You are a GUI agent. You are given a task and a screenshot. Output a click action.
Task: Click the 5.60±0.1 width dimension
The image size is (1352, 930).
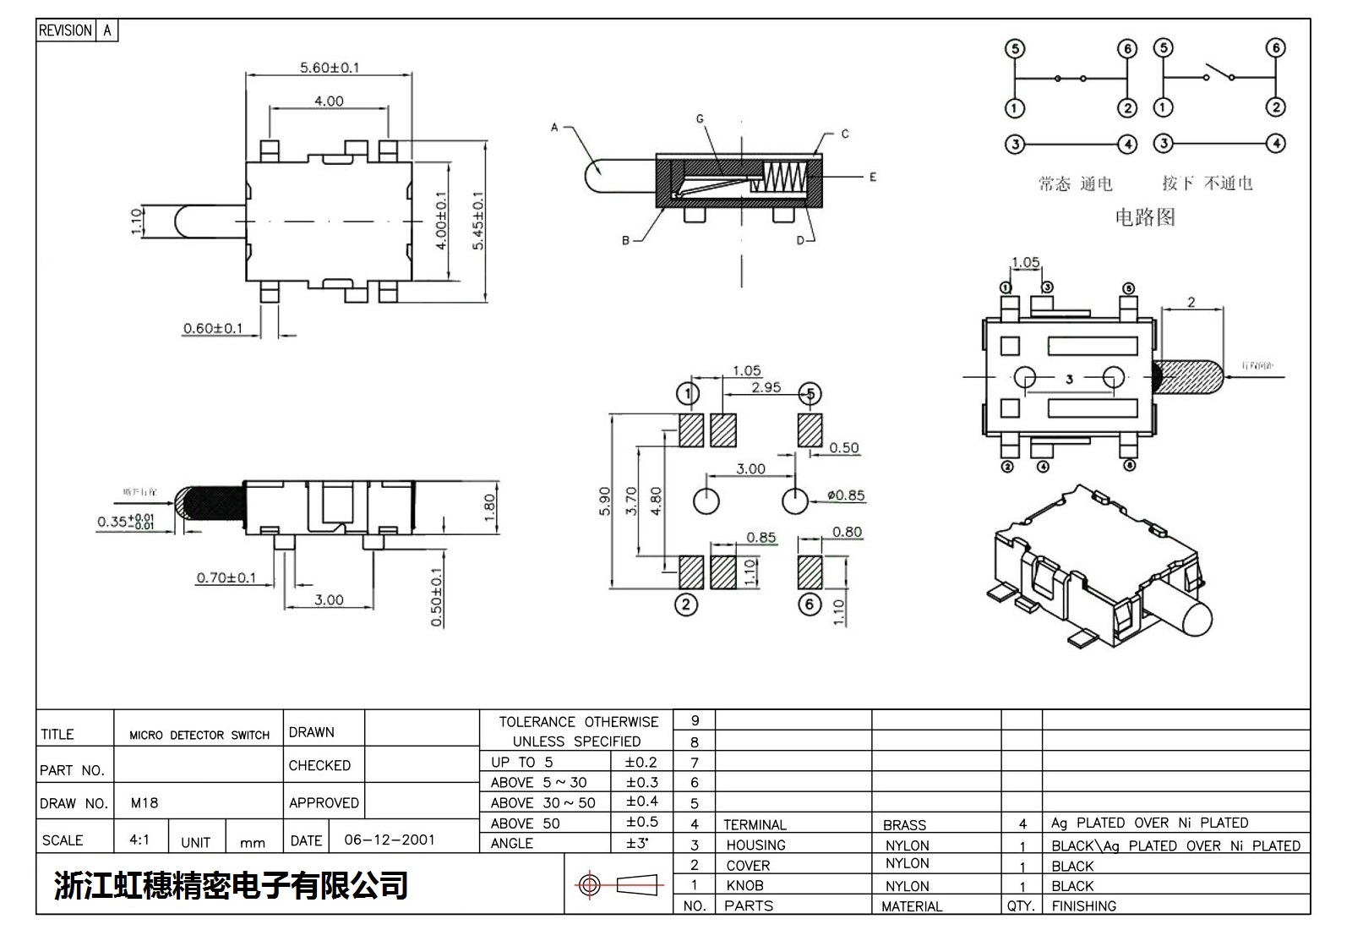click(329, 67)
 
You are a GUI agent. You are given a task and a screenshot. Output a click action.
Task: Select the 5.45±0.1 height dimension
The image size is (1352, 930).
click(478, 220)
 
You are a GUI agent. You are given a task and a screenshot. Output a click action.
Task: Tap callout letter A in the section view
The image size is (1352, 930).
click(554, 128)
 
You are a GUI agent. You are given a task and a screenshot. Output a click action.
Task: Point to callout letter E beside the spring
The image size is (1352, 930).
click(872, 177)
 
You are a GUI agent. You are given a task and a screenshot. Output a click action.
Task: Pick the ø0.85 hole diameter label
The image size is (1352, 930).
click(845, 495)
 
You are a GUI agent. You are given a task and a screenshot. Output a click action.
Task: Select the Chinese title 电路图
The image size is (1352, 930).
click(1144, 217)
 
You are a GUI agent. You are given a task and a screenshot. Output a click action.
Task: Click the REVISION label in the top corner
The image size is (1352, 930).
click(65, 30)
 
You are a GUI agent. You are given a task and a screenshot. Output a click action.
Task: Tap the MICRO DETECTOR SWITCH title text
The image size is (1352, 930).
click(199, 735)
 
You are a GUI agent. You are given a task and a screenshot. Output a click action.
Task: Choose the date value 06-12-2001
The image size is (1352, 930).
click(390, 840)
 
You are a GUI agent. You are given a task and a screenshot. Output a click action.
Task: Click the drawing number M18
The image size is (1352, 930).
click(144, 802)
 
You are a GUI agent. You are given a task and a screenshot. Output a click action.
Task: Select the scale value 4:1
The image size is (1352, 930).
click(139, 840)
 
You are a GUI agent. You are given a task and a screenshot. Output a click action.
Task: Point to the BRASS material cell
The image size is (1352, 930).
click(904, 824)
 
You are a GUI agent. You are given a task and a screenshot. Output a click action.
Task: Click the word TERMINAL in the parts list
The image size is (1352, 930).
click(755, 824)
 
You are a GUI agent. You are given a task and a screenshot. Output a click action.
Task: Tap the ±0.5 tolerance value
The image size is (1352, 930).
click(641, 822)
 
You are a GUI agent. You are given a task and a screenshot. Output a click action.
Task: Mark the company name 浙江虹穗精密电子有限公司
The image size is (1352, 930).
click(231, 885)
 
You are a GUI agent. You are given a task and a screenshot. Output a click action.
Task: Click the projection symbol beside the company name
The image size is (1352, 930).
click(616, 885)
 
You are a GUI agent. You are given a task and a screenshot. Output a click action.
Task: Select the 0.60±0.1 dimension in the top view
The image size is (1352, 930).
click(213, 328)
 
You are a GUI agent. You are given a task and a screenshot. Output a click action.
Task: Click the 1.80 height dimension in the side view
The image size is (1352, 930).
click(489, 508)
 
